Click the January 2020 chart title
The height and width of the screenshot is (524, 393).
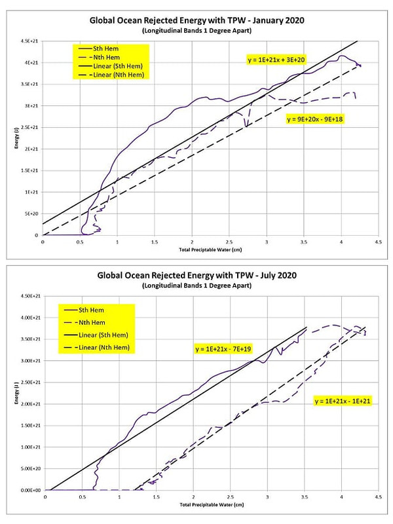click(x=196, y=20)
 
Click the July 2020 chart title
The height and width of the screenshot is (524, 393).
click(x=196, y=275)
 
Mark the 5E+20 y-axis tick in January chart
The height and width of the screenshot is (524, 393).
click(x=31, y=214)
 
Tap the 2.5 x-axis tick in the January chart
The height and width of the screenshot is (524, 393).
click(x=229, y=242)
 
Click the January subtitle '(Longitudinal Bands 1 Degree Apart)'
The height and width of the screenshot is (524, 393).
click(x=196, y=30)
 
